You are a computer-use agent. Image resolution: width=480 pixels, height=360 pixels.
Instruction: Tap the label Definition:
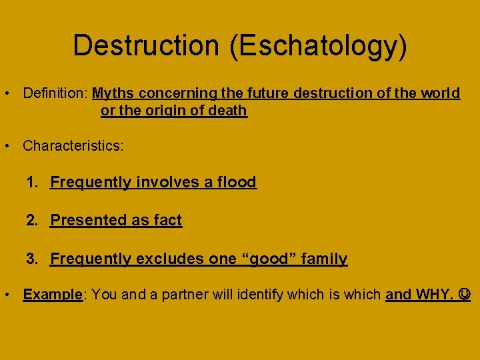tap(55, 93)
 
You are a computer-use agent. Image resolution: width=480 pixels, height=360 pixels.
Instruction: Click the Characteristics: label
tap(73, 146)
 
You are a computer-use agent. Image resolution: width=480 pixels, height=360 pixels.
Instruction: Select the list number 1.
tap(31, 182)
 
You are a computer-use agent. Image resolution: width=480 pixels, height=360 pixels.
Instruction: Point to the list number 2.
tap(31, 220)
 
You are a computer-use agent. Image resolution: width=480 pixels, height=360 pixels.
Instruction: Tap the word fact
tap(167, 220)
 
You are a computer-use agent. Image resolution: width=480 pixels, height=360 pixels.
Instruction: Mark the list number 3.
tap(31, 259)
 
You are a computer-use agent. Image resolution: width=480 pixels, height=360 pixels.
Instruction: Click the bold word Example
tap(51, 294)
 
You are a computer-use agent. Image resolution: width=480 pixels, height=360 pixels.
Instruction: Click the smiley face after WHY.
tap(465, 294)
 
